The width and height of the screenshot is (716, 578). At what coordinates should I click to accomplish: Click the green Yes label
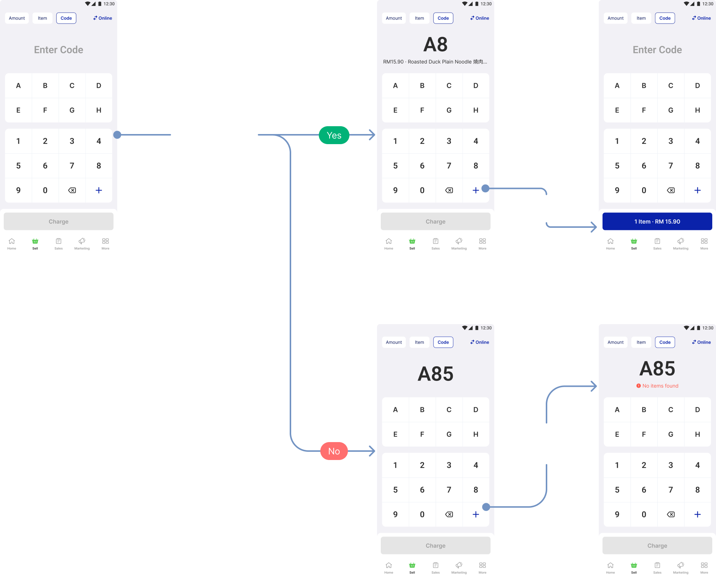334,135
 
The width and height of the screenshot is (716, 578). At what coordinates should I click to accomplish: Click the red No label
334,451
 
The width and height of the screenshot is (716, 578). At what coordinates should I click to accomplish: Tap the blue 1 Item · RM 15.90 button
657,221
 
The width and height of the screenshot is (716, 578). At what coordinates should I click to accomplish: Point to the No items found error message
657,386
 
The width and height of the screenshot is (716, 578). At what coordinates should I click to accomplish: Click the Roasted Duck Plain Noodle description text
435,62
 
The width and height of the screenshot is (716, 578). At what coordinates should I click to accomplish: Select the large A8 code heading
435,44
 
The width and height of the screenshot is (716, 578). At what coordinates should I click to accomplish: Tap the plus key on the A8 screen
476,190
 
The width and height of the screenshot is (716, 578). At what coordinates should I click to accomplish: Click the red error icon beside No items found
638,386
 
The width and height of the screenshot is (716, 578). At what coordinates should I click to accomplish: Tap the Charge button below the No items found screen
657,546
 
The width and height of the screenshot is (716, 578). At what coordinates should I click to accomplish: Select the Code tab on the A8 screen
443,18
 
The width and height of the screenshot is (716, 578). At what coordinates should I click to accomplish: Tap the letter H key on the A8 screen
476,110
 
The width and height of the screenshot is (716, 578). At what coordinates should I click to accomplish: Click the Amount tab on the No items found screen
615,342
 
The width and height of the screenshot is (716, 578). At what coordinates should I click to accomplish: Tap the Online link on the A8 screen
480,18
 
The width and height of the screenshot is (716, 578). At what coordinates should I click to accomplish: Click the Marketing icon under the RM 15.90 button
681,241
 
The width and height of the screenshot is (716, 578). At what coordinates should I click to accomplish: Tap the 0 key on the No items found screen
644,515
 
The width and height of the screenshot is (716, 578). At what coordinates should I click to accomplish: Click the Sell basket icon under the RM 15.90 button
633,241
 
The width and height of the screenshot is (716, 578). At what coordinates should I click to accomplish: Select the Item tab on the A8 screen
419,18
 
